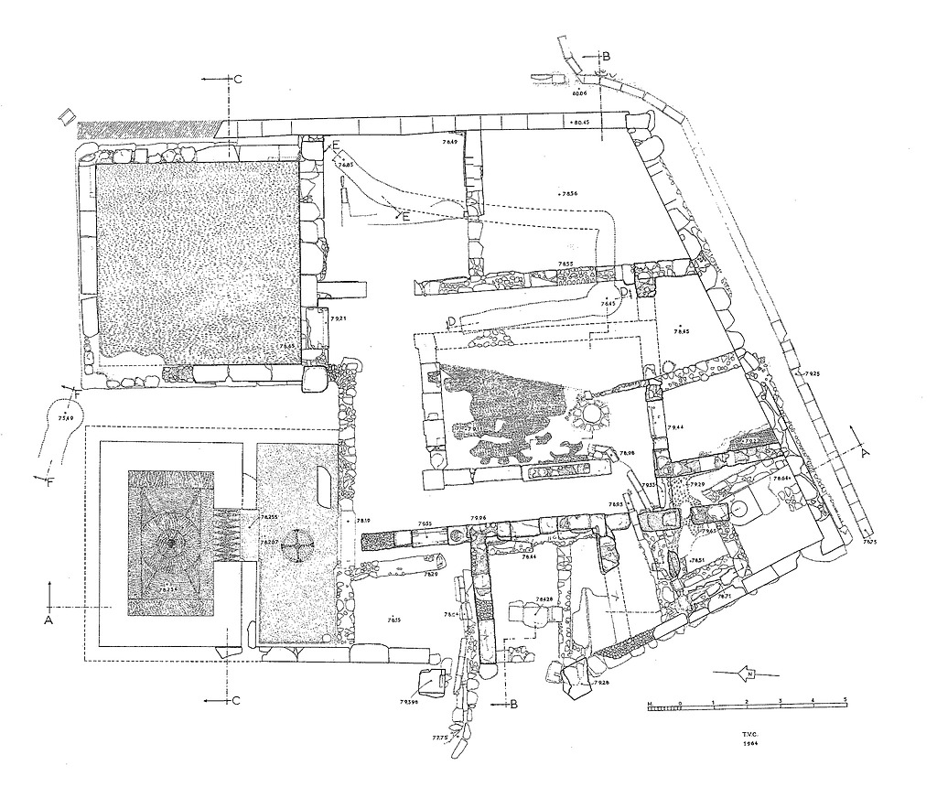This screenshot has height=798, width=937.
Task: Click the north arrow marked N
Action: coord(751,674)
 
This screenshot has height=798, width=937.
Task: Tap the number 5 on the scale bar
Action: coord(845,700)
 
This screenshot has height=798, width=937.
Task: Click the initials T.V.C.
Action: coord(754,734)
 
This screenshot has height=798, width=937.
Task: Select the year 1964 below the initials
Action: coord(754,743)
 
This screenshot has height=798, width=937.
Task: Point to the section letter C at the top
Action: coord(237,80)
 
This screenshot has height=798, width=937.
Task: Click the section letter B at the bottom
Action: coord(514,704)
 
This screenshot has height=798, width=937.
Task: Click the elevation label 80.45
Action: coord(580,122)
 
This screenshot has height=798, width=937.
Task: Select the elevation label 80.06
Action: coord(578,93)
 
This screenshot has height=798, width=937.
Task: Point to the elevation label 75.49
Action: coord(65,417)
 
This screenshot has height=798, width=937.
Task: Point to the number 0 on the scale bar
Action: coord(680,700)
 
